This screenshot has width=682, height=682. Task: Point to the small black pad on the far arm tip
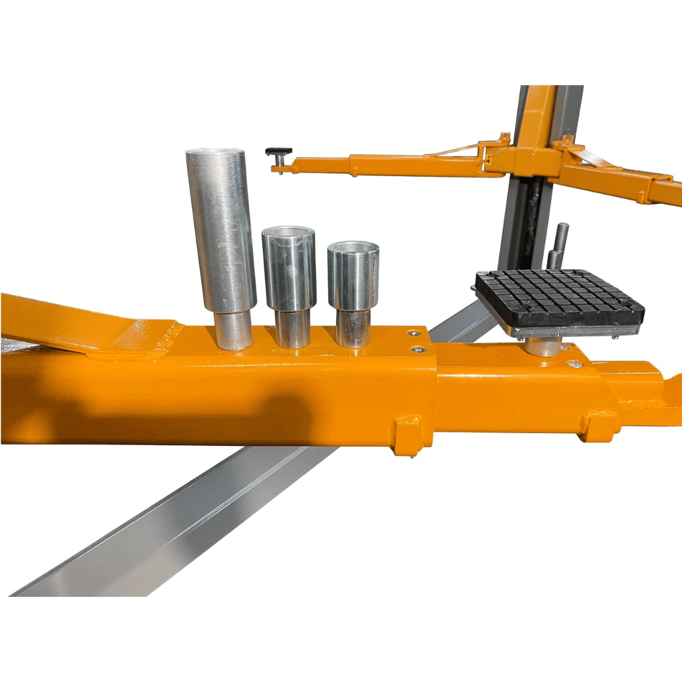pos(278,152)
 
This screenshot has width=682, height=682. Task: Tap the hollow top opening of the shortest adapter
pos(354,247)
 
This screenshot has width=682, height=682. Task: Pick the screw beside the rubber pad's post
pos(571,364)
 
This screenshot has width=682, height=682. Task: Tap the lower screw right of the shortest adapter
pos(416,349)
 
